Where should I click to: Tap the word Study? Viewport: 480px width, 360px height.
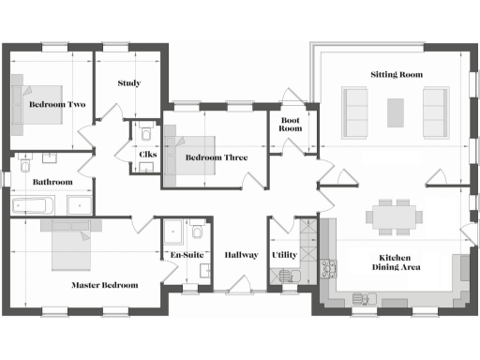[x=129, y=83]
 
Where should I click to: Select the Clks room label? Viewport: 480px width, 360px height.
[x=147, y=155]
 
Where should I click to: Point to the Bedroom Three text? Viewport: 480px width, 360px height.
[x=216, y=157]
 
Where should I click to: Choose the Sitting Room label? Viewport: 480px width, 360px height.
[x=397, y=74]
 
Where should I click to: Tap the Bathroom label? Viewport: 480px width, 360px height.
[x=52, y=182]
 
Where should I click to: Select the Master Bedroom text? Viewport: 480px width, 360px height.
[x=105, y=285]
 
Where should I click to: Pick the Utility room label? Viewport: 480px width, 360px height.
[x=284, y=255]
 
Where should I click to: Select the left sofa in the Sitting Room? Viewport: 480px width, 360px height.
[x=355, y=112]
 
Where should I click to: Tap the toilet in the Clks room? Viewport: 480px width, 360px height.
[x=147, y=136]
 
